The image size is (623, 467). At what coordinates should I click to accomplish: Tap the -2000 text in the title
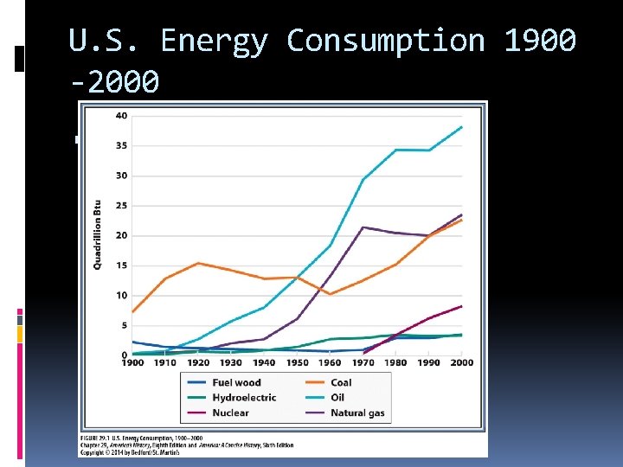coord(114,83)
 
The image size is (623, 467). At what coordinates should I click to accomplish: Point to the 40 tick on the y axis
coord(121,116)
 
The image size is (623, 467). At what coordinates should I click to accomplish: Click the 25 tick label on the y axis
coord(121,206)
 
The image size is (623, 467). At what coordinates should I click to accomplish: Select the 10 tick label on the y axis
coord(121,296)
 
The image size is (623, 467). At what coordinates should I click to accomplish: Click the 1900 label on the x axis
coord(132,362)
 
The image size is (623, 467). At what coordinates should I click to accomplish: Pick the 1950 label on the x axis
coord(297,362)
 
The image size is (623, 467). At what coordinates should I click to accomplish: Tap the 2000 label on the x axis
coord(462,362)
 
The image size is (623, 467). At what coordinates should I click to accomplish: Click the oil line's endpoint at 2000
coord(462,127)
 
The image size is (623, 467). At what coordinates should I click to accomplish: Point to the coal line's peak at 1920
coord(198,263)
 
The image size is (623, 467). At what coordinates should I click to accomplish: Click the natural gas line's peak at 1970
coord(363,227)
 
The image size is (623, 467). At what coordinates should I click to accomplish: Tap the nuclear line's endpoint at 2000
coord(462,306)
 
